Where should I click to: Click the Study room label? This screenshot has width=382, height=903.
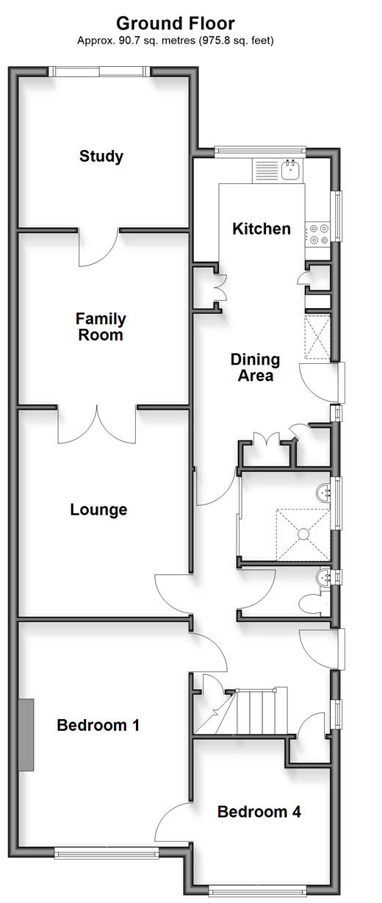(x=101, y=157)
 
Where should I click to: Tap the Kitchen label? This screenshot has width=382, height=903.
(x=262, y=229)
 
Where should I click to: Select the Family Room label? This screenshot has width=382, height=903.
(x=101, y=327)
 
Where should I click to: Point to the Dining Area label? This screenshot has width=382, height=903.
(x=255, y=368)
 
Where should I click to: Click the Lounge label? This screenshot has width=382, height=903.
(x=98, y=510)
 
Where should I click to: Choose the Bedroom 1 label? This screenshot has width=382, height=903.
(x=98, y=725)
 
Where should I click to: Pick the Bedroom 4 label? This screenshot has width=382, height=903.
(x=259, y=812)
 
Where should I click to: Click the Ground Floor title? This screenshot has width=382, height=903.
(x=176, y=24)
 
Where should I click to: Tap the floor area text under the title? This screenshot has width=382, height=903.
(x=176, y=40)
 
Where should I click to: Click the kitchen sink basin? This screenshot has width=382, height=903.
(x=289, y=170)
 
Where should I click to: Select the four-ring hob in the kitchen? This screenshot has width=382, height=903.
(x=318, y=235)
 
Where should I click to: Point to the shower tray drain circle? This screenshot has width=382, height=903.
(x=303, y=534)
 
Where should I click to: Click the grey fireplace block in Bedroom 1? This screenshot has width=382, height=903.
(x=26, y=735)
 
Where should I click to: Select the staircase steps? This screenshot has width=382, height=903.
(x=241, y=710)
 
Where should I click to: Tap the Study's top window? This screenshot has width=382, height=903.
(x=99, y=72)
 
